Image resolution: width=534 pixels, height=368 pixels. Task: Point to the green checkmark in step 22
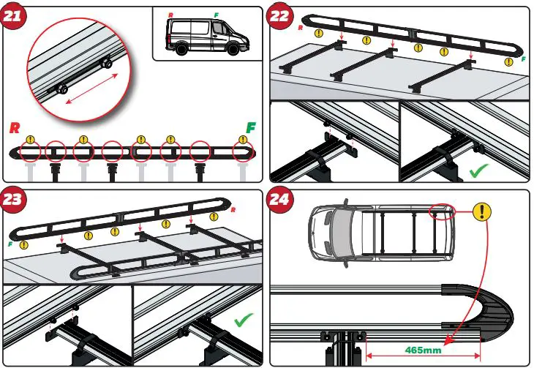click(x=480, y=173)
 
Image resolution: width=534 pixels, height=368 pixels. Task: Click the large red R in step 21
click(x=14, y=128)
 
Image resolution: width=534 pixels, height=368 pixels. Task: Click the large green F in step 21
click(x=251, y=127)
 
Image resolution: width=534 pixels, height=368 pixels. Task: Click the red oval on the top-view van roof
click(x=443, y=211)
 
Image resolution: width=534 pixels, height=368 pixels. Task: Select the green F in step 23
click(x=11, y=244)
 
